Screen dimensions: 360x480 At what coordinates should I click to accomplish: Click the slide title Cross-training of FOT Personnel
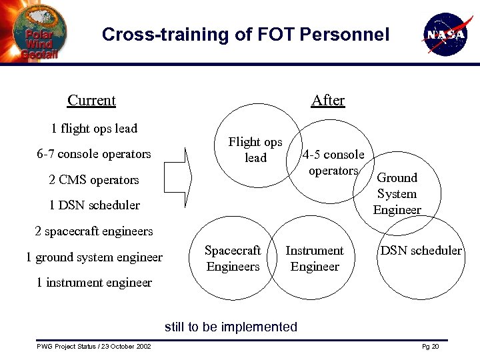[245, 35]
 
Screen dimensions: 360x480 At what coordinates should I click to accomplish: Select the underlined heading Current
[91, 101]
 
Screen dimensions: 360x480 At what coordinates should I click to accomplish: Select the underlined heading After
[328, 101]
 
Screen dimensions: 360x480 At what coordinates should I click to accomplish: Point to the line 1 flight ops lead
[94, 129]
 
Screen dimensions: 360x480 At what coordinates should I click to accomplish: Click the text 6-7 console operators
[94, 154]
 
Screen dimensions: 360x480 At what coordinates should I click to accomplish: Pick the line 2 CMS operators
[94, 180]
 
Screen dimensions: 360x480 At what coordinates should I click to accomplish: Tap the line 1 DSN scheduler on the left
[94, 205]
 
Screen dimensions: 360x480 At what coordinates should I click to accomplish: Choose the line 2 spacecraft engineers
[94, 231]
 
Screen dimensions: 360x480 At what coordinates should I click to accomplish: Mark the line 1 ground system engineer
[94, 257]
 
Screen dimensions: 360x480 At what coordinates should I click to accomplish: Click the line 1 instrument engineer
[94, 283]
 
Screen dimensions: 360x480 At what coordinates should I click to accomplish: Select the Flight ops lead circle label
[255, 150]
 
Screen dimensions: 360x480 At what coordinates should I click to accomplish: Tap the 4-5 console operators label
[333, 163]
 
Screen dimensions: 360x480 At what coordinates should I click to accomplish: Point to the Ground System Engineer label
[397, 194]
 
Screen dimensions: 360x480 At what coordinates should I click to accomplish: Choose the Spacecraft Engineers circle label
[233, 259]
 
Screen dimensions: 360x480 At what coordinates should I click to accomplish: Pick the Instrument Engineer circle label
[315, 259]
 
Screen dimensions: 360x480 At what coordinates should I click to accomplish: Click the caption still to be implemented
[231, 327]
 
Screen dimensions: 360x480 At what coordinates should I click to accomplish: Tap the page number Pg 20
[431, 347]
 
